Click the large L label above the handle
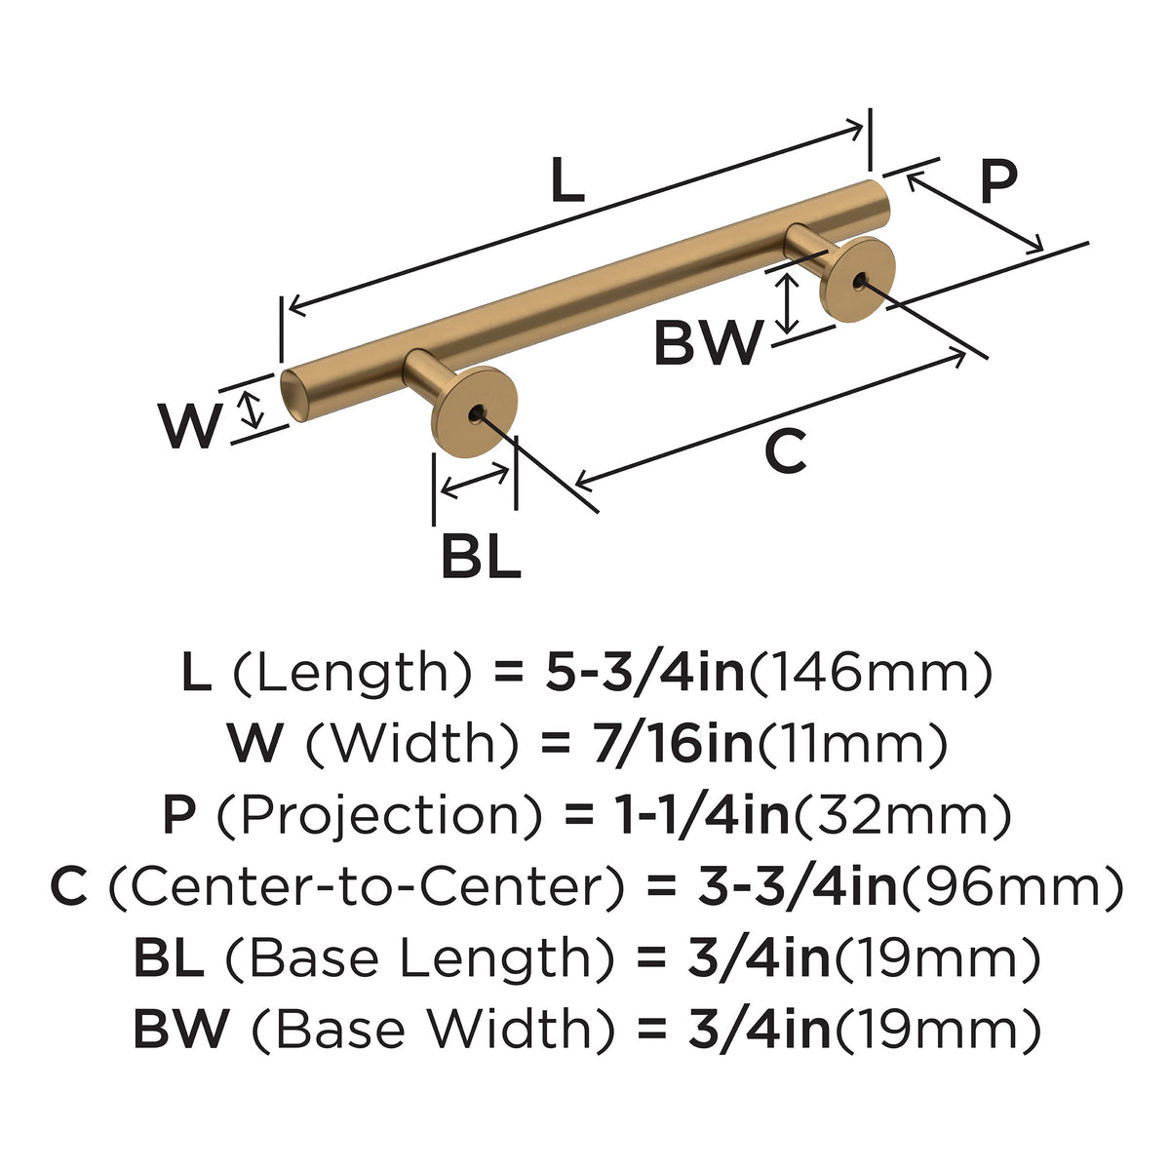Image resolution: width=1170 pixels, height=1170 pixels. click(568, 179)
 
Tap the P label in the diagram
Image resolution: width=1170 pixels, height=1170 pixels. click(998, 181)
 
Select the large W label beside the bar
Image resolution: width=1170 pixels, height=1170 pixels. click(189, 426)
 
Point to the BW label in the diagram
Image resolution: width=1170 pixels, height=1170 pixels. click(708, 342)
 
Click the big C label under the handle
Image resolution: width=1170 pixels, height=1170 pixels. click(786, 450)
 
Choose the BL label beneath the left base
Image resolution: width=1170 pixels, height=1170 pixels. click(482, 556)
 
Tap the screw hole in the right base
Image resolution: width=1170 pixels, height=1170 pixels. click(859, 281)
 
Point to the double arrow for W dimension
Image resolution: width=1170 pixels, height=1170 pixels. click(251, 409)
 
